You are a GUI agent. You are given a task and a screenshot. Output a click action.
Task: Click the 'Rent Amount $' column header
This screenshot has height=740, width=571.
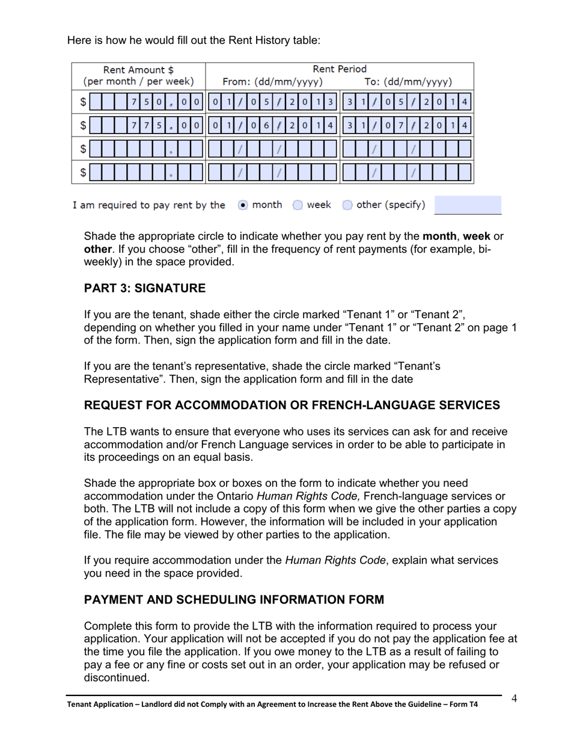[138, 69]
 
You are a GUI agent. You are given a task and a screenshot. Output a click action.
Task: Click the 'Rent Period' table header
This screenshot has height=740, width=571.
[340, 69]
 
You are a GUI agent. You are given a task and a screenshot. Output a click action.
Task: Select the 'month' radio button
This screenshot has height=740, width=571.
[242, 205]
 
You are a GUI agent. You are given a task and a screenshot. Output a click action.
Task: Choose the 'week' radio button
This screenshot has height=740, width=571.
[298, 205]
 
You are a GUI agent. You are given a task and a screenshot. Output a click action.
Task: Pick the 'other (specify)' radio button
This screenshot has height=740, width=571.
[347, 205]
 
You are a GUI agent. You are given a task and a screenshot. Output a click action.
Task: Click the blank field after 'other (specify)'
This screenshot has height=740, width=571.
[467, 205]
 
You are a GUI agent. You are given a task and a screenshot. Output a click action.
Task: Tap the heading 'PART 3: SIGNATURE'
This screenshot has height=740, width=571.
[144, 288]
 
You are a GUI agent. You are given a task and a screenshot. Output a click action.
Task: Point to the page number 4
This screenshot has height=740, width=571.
[515, 698]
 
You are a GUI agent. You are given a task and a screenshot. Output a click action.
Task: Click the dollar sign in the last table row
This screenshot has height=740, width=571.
[84, 173]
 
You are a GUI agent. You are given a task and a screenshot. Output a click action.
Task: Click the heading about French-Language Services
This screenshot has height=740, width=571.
[292, 405]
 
